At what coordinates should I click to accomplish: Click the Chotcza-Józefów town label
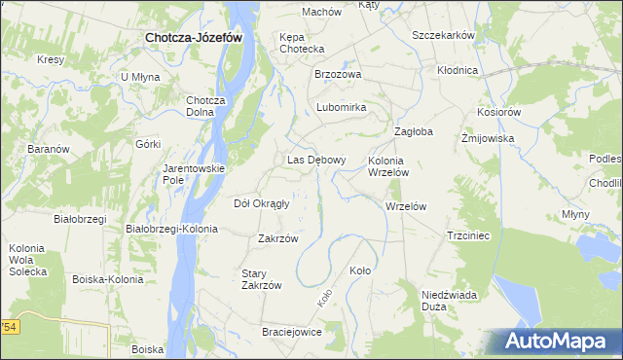pyautogui.click(x=193, y=37)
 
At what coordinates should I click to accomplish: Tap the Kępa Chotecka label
pyautogui.click(x=302, y=43)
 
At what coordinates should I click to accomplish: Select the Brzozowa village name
pyautogui.click(x=338, y=74)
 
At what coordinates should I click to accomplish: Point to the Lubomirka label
pyautogui.click(x=340, y=108)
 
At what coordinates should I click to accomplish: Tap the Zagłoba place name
pyautogui.click(x=413, y=131)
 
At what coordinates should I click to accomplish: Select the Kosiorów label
pyautogui.click(x=499, y=112)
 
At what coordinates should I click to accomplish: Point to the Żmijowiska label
pyautogui.click(x=487, y=138)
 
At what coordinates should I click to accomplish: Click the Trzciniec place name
pyautogui.click(x=467, y=235)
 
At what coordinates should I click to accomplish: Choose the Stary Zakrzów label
pyautogui.click(x=262, y=279)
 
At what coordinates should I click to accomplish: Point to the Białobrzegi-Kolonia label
pyautogui.click(x=172, y=229)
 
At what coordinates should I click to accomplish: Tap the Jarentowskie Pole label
pyautogui.click(x=194, y=174)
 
